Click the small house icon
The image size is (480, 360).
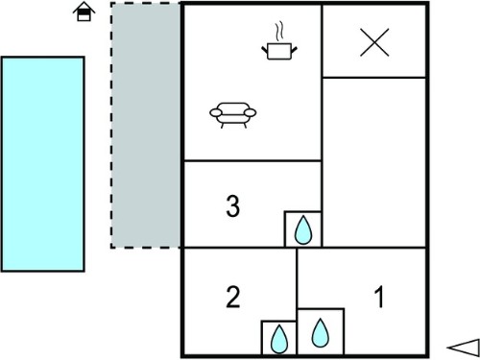pyautogui.click(x=84, y=12)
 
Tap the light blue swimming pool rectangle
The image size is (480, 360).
pyautogui.click(x=43, y=164)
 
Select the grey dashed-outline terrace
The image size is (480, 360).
pyautogui.click(x=146, y=125)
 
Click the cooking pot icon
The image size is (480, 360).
pyautogui.click(x=279, y=51)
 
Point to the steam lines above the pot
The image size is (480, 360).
pyautogui.click(x=279, y=32)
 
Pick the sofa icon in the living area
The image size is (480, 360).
pyautogui.click(x=233, y=115)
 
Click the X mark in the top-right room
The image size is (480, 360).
pyautogui.click(x=374, y=42)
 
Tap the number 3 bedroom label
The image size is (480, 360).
pyautogui.click(x=232, y=206)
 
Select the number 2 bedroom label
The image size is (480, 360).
pyautogui.click(x=232, y=297)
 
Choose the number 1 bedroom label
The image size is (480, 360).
pyautogui.click(x=379, y=297)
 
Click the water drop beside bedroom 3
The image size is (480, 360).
pyautogui.click(x=302, y=229)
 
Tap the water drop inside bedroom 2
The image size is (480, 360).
pyautogui.click(x=279, y=339)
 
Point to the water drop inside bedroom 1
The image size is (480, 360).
pyautogui.click(x=321, y=333)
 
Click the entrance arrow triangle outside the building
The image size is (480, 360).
pyautogui.click(x=464, y=348)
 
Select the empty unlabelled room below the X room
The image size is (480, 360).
pyautogui.click(x=374, y=162)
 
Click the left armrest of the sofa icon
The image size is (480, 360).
pyautogui.click(x=216, y=112)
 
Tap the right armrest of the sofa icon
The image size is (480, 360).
pyautogui.click(x=251, y=112)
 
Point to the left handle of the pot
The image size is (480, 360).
pyautogui.click(x=265, y=50)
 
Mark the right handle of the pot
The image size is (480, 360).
pyautogui.click(x=294, y=50)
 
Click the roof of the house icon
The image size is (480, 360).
pyautogui.click(x=84, y=7)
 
